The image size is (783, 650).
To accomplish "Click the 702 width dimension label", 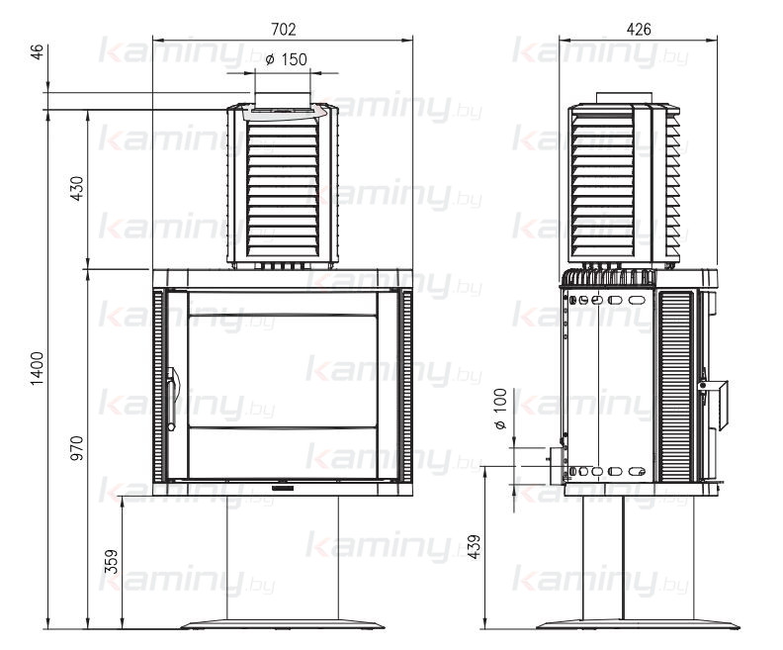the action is tap(283, 30).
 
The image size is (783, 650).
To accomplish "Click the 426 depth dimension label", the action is tap(639, 30).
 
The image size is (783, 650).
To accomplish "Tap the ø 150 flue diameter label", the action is tap(286, 59).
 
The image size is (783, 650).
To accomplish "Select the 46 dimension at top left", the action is tap(38, 52).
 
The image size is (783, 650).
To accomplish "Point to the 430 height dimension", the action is tap(78, 188).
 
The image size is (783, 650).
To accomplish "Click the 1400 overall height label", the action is tap(38, 368).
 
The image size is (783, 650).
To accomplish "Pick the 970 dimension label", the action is tap(78, 447).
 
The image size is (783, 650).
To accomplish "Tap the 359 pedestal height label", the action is tap(113, 561).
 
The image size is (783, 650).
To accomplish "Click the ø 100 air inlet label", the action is tap(500, 410).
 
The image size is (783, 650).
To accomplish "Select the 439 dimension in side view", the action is tap(475, 546).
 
